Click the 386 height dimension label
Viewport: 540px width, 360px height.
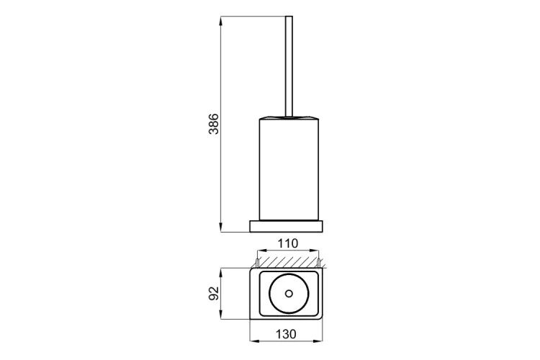[x=214, y=123]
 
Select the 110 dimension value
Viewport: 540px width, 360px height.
[x=288, y=243]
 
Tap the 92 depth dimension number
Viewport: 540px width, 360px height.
[x=214, y=293]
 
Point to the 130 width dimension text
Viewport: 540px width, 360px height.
[x=286, y=334]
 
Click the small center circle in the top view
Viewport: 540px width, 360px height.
[x=289, y=294]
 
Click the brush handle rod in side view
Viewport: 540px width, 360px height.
[x=289, y=66]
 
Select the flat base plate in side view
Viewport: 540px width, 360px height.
[x=287, y=225]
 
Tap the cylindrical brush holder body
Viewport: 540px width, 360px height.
[x=289, y=168]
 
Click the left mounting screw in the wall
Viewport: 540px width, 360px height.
[x=258, y=263]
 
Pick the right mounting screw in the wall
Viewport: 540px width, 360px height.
[x=318, y=263]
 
